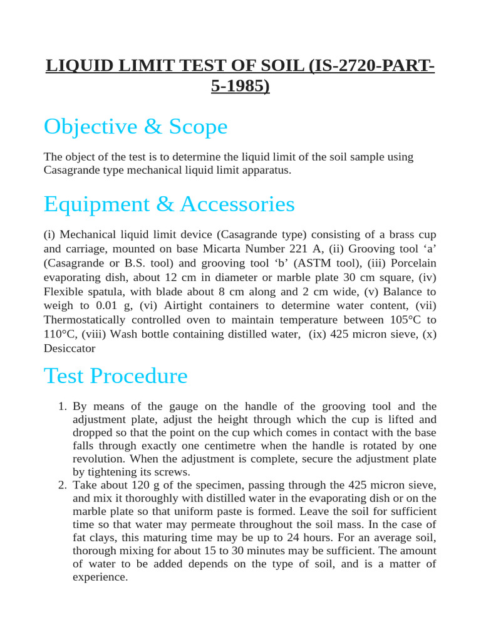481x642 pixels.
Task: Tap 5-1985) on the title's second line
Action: [x=240, y=85]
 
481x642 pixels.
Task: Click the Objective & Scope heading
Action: [x=135, y=127]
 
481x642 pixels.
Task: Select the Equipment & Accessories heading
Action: [x=169, y=204]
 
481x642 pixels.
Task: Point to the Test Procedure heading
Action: [x=116, y=376]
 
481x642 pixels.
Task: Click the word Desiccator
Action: [x=70, y=349]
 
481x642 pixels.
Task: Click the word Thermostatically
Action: [x=86, y=320]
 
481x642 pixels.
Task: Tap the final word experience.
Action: [x=100, y=577]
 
